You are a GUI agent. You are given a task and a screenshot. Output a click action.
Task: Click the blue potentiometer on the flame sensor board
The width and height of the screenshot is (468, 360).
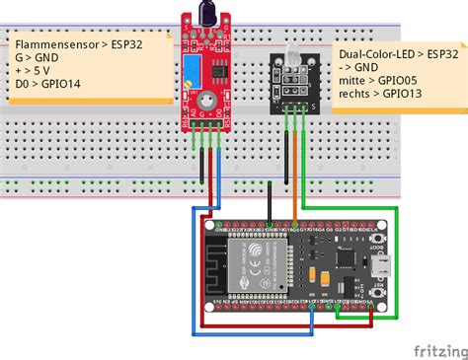[x=187, y=68]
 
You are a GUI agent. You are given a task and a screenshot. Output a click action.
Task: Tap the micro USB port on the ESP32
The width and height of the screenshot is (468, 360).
[x=379, y=268]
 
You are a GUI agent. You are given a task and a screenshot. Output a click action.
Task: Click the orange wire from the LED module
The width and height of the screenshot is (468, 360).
[x=294, y=168]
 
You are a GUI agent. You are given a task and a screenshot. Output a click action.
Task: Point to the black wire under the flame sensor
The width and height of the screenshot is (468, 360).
[x=202, y=168]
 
